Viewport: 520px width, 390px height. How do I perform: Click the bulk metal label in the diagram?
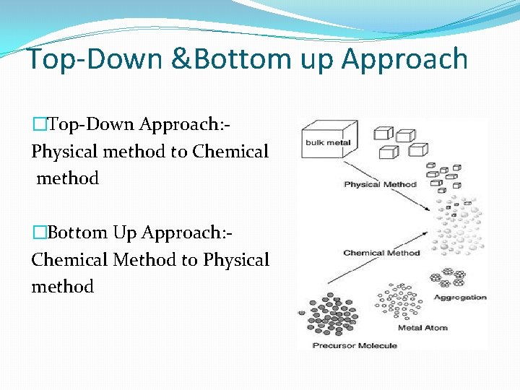[328, 142]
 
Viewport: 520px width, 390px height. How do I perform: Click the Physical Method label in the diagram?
[380, 184]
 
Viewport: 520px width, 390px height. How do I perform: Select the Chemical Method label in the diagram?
[381, 253]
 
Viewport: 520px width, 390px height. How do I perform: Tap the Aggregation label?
[460, 298]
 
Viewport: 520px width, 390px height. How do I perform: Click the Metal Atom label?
[422, 328]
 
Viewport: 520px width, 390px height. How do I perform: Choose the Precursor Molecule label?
[355, 345]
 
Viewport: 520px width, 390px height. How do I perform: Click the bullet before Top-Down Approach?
[38, 124]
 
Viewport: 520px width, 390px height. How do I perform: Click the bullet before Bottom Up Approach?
[38, 233]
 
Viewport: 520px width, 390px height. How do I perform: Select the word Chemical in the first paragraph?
[230, 152]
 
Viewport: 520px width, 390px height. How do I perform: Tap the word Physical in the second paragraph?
[236, 260]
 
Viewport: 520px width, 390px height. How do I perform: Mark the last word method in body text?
[63, 287]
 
